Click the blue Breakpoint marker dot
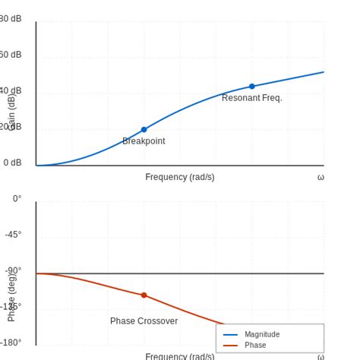(144, 130)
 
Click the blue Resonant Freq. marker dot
(252, 87)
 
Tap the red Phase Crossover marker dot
(144, 295)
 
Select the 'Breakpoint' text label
(144, 141)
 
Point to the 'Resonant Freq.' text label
(251, 98)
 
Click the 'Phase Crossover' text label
(144, 321)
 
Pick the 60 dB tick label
(10, 55)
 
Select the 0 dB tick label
(12, 163)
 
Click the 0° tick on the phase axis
(17, 199)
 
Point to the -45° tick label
(13, 235)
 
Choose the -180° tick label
(11, 343)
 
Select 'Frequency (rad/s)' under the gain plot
(180, 177)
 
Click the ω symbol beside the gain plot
(321, 177)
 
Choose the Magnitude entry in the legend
(262, 334)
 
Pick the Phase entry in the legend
(255, 345)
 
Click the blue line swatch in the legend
(230, 335)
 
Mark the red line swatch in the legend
(230, 346)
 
